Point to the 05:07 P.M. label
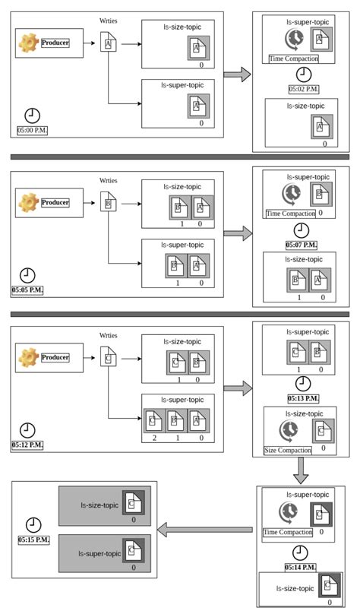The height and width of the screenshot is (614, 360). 302,245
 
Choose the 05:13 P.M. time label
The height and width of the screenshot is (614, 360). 303,397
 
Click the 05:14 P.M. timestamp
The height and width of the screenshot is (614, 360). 302,567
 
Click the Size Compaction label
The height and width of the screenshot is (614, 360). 288,450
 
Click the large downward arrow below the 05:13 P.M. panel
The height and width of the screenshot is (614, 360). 302,473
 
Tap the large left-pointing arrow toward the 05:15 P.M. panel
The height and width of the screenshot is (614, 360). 204,529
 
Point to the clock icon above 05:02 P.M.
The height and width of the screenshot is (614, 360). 303,74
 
